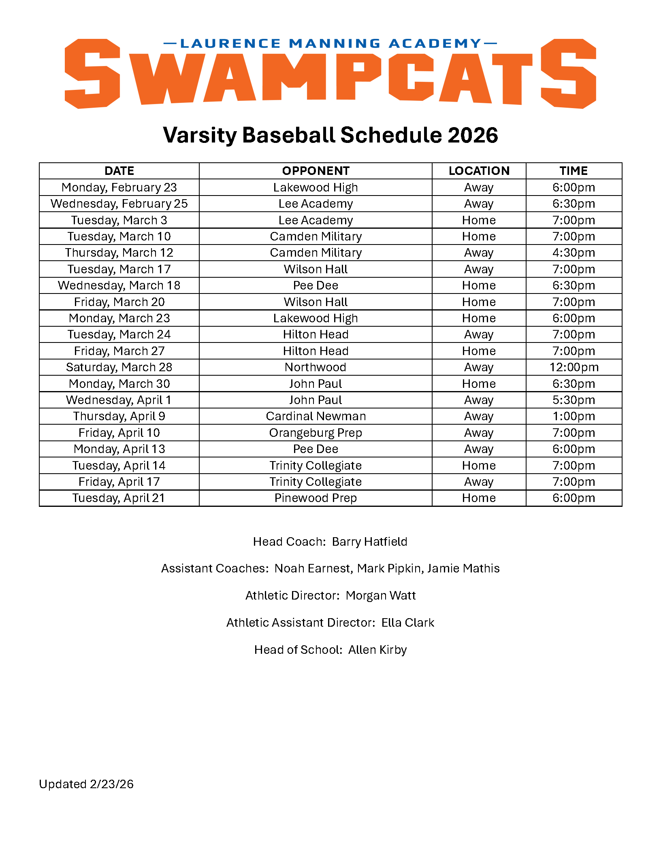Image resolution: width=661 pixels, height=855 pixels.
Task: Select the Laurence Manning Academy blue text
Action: [x=330, y=43]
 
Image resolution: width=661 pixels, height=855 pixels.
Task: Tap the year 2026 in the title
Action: [x=473, y=135]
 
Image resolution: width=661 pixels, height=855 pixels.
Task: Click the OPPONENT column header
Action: [x=316, y=171]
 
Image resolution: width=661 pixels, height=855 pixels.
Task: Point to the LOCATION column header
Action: [x=479, y=171]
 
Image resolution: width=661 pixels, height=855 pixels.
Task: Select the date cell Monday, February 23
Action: [x=119, y=187]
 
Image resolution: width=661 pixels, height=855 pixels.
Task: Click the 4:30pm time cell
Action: [x=574, y=253]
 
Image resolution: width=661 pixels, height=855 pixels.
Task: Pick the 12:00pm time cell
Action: [x=574, y=367]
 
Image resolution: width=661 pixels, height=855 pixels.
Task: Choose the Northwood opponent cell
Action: [x=316, y=367]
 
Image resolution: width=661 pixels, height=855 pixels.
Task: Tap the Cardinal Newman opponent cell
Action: [x=316, y=416]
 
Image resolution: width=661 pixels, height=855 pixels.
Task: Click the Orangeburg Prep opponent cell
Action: [x=316, y=433]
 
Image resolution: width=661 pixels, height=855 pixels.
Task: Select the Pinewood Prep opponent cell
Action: [x=316, y=498]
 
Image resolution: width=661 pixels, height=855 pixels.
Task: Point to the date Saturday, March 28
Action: [x=119, y=367]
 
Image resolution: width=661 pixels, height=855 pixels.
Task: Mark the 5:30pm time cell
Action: [x=574, y=400]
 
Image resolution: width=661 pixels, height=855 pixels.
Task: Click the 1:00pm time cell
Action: [x=574, y=416]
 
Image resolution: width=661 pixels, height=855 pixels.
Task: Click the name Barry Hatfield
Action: [x=369, y=542]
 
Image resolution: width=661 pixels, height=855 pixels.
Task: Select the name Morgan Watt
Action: [x=381, y=596]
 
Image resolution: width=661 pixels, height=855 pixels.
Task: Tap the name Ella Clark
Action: [x=407, y=623]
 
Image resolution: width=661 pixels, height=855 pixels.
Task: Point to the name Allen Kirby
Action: [x=377, y=650]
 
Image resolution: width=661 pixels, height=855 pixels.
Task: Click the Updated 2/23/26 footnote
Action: [x=86, y=784]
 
